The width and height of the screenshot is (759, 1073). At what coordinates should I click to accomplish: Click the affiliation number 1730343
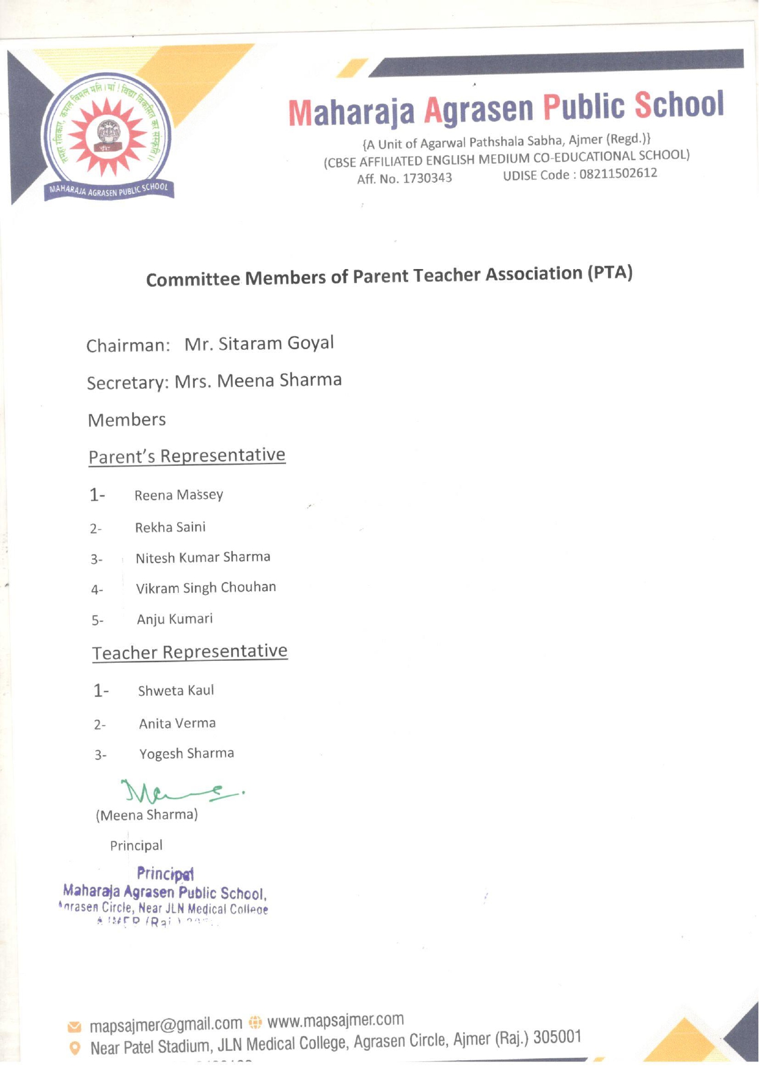[427, 178]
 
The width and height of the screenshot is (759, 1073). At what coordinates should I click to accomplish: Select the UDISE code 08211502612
[618, 174]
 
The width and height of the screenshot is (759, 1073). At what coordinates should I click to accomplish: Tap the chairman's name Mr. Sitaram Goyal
[259, 344]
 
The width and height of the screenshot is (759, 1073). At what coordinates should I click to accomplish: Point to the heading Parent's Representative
[187, 456]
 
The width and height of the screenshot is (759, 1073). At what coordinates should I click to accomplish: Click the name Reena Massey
[178, 495]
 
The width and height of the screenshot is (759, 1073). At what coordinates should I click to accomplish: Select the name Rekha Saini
[170, 527]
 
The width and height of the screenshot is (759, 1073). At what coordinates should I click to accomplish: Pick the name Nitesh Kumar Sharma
[203, 558]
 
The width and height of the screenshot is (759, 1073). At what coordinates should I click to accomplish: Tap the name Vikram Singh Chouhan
[206, 588]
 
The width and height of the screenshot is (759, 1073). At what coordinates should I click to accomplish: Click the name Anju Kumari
[175, 619]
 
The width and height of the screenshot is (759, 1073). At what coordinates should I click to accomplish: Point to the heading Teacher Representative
[189, 652]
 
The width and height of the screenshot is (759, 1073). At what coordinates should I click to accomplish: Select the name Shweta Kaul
[176, 691]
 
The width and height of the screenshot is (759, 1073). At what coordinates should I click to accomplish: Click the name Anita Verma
[177, 723]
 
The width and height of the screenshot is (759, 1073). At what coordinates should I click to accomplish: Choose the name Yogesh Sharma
[186, 753]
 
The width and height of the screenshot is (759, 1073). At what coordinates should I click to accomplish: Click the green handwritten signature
[177, 793]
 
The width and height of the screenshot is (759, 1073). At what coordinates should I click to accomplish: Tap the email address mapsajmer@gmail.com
[166, 1024]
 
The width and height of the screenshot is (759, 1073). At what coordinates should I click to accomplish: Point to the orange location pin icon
[75, 1049]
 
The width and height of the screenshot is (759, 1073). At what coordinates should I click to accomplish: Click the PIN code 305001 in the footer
[557, 1037]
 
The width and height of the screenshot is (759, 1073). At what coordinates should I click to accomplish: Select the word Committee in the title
[193, 279]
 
